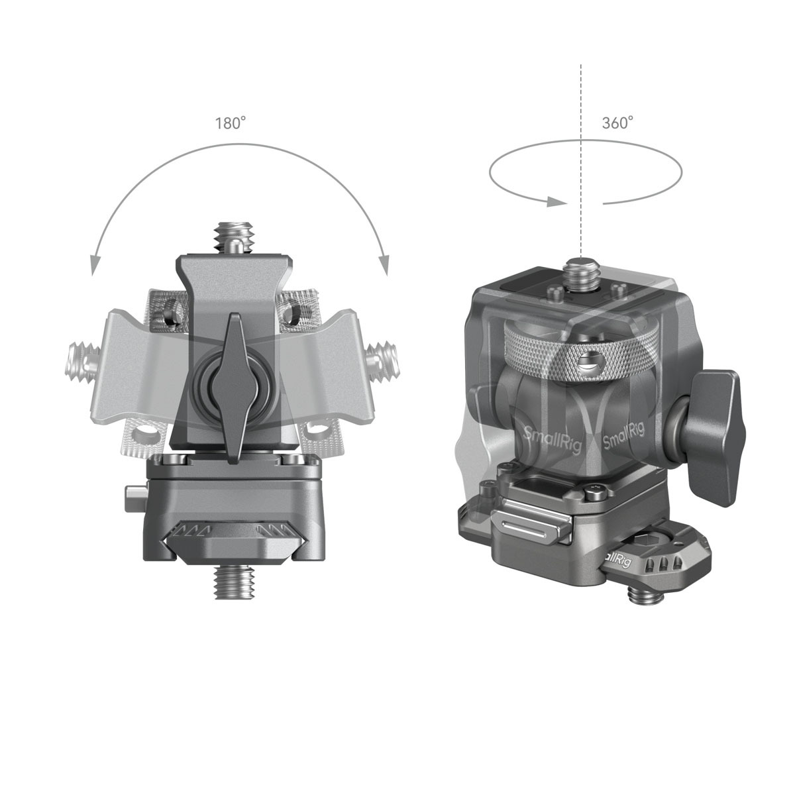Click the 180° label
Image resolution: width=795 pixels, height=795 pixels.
click(230, 123)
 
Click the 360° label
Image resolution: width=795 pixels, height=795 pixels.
click(617, 123)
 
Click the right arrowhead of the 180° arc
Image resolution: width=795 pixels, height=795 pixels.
click(382, 265)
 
